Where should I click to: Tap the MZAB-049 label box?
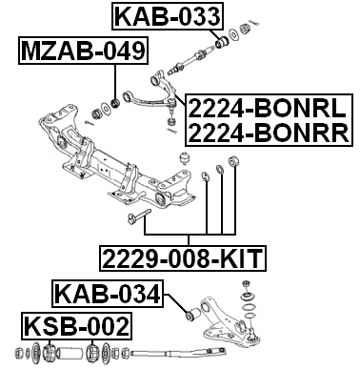[x=80, y=51]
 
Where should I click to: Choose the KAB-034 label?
[x=107, y=295]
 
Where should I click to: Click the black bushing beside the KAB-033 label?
[x=221, y=41]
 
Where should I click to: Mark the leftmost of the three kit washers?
[x=206, y=175]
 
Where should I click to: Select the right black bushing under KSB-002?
[x=94, y=356]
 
